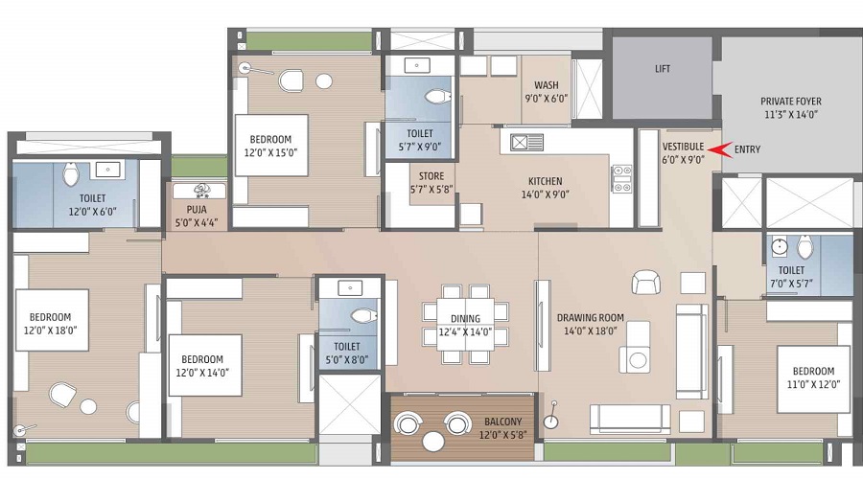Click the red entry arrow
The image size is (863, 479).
720,149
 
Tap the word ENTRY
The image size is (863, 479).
747,149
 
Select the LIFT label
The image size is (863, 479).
663,69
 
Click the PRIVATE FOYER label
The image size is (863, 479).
791,102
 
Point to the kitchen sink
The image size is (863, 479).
526,143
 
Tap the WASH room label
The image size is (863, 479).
546,85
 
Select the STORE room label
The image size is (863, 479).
431,176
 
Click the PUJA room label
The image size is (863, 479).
197,210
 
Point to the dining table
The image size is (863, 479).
465,325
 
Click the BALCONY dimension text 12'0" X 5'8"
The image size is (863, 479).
502,435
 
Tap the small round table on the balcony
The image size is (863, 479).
433,441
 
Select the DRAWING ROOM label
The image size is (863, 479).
591,317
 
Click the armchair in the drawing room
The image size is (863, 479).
646,282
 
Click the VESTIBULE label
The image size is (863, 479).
683,147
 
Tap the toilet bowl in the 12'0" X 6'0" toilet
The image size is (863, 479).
71,173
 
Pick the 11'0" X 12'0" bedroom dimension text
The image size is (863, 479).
813,384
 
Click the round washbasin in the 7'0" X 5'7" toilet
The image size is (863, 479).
780,247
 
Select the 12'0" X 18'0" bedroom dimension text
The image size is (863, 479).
50,330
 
